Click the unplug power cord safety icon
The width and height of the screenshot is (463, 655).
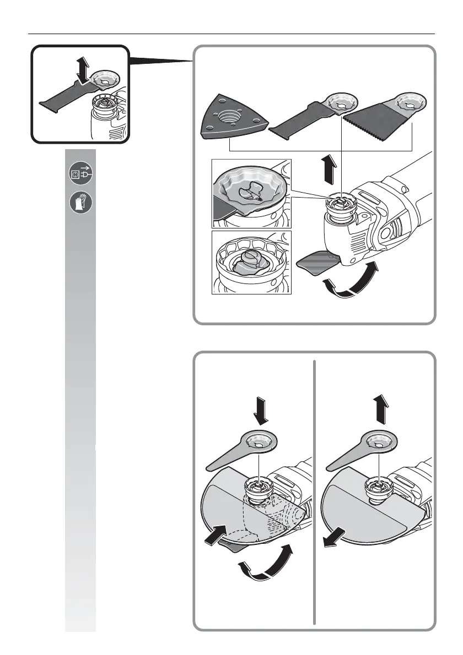[80, 174]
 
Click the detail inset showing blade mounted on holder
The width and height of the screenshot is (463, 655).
[251, 193]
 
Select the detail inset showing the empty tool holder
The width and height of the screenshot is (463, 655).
[251, 262]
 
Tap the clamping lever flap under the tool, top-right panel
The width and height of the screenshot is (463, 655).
[316, 265]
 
